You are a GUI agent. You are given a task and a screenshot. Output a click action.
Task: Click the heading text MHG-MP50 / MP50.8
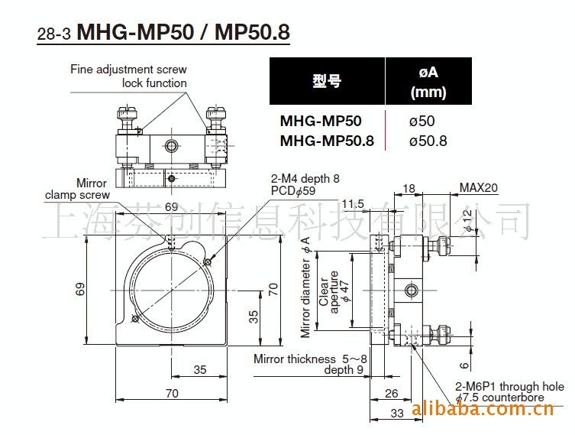(183, 32)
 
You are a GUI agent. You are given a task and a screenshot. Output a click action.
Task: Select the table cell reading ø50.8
(428, 141)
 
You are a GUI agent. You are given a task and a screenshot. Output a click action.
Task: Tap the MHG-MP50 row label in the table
(321, 121)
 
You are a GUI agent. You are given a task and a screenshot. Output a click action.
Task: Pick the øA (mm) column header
(428, 82)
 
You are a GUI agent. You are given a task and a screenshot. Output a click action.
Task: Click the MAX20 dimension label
(479, 187)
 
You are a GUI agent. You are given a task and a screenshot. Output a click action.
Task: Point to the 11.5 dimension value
(353, 203)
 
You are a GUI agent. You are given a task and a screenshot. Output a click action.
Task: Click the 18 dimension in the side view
(409, 188)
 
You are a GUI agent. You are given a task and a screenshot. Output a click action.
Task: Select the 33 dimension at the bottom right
(397, 414)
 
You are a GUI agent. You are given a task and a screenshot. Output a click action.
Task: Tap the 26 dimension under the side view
(391, 394)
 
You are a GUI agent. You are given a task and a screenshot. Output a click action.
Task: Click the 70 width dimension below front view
(172, 393)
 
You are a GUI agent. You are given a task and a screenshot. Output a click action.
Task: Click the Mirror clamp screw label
(77, 189)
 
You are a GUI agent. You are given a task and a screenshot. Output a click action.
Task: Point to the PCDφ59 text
(293, 191)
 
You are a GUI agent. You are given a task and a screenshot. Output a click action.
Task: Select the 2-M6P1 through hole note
(510, 387)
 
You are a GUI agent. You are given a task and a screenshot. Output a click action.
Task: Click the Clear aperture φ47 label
(334, 292)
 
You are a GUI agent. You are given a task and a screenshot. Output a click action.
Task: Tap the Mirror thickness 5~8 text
(310, 359)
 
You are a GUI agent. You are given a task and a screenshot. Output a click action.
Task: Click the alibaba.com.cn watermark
(483, 408)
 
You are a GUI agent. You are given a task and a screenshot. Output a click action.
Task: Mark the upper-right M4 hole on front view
(208, 261)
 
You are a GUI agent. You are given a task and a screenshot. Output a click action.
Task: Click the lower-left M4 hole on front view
(135, 319)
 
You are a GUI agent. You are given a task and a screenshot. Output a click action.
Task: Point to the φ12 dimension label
(468, 219)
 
